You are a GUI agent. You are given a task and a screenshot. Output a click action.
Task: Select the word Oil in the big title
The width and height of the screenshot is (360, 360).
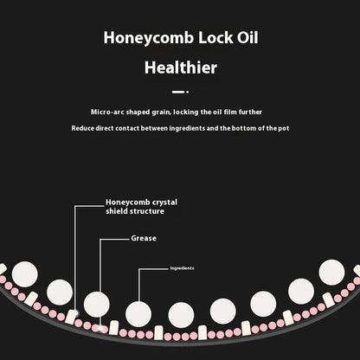click(247, 37)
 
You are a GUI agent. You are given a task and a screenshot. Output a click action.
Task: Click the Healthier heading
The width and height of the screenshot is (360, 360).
click(181, 67)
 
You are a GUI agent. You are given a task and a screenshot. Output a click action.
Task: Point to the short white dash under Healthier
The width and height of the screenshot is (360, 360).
click(177, 92)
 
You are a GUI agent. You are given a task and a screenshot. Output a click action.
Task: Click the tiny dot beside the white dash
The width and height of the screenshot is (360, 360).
click(187, 92)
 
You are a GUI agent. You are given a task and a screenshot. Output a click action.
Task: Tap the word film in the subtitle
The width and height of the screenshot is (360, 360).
click(230, 112)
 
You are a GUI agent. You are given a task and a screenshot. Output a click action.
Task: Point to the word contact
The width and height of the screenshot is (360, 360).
click(127, 128)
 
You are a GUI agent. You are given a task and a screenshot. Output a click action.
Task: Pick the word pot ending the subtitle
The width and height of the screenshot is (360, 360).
click(284, 128)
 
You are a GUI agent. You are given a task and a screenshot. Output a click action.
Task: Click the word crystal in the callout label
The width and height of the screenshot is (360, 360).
click(164, 202)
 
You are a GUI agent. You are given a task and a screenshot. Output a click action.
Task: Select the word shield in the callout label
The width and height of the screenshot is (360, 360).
click(116, 211)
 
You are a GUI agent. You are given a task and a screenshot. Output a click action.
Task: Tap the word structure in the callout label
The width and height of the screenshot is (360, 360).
click(147, 211)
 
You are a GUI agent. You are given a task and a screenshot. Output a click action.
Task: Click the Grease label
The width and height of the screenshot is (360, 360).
click(144, 238)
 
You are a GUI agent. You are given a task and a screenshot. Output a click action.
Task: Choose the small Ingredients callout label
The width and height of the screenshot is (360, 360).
click(182, 268)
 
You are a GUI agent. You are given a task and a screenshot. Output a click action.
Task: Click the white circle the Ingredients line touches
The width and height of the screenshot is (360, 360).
click(138, 314)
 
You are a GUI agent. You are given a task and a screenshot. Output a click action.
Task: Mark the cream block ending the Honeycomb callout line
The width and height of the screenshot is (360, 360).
click(71, 317)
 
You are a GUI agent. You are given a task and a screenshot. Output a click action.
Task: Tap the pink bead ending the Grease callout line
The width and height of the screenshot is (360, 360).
click(100, 328)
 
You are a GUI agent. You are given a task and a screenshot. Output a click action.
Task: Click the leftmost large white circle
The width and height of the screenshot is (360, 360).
click(25, 274)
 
